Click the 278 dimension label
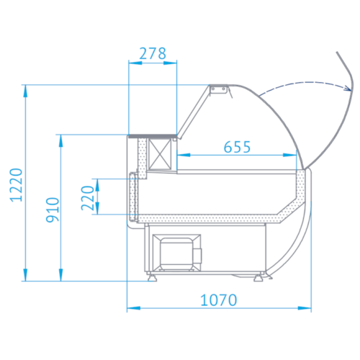tap(153, 53)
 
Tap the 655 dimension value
tap(237, 147)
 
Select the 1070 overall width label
tap(219, 300)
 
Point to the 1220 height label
tap(16, 185)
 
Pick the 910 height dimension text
tap(53, 210)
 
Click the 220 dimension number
tap(87, 198)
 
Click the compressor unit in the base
tap(177, 253)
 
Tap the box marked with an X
tap(160, 154)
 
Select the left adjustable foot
tap(152, 277)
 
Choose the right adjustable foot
tap(258, 277)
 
